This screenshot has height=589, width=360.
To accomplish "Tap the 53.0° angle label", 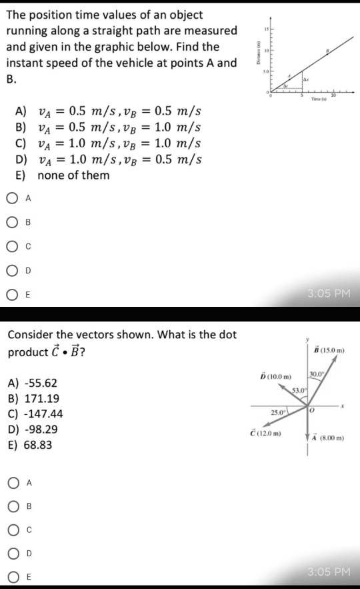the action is click(x=298, y=388).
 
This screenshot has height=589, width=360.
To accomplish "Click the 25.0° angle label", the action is click(x=277, y=414).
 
